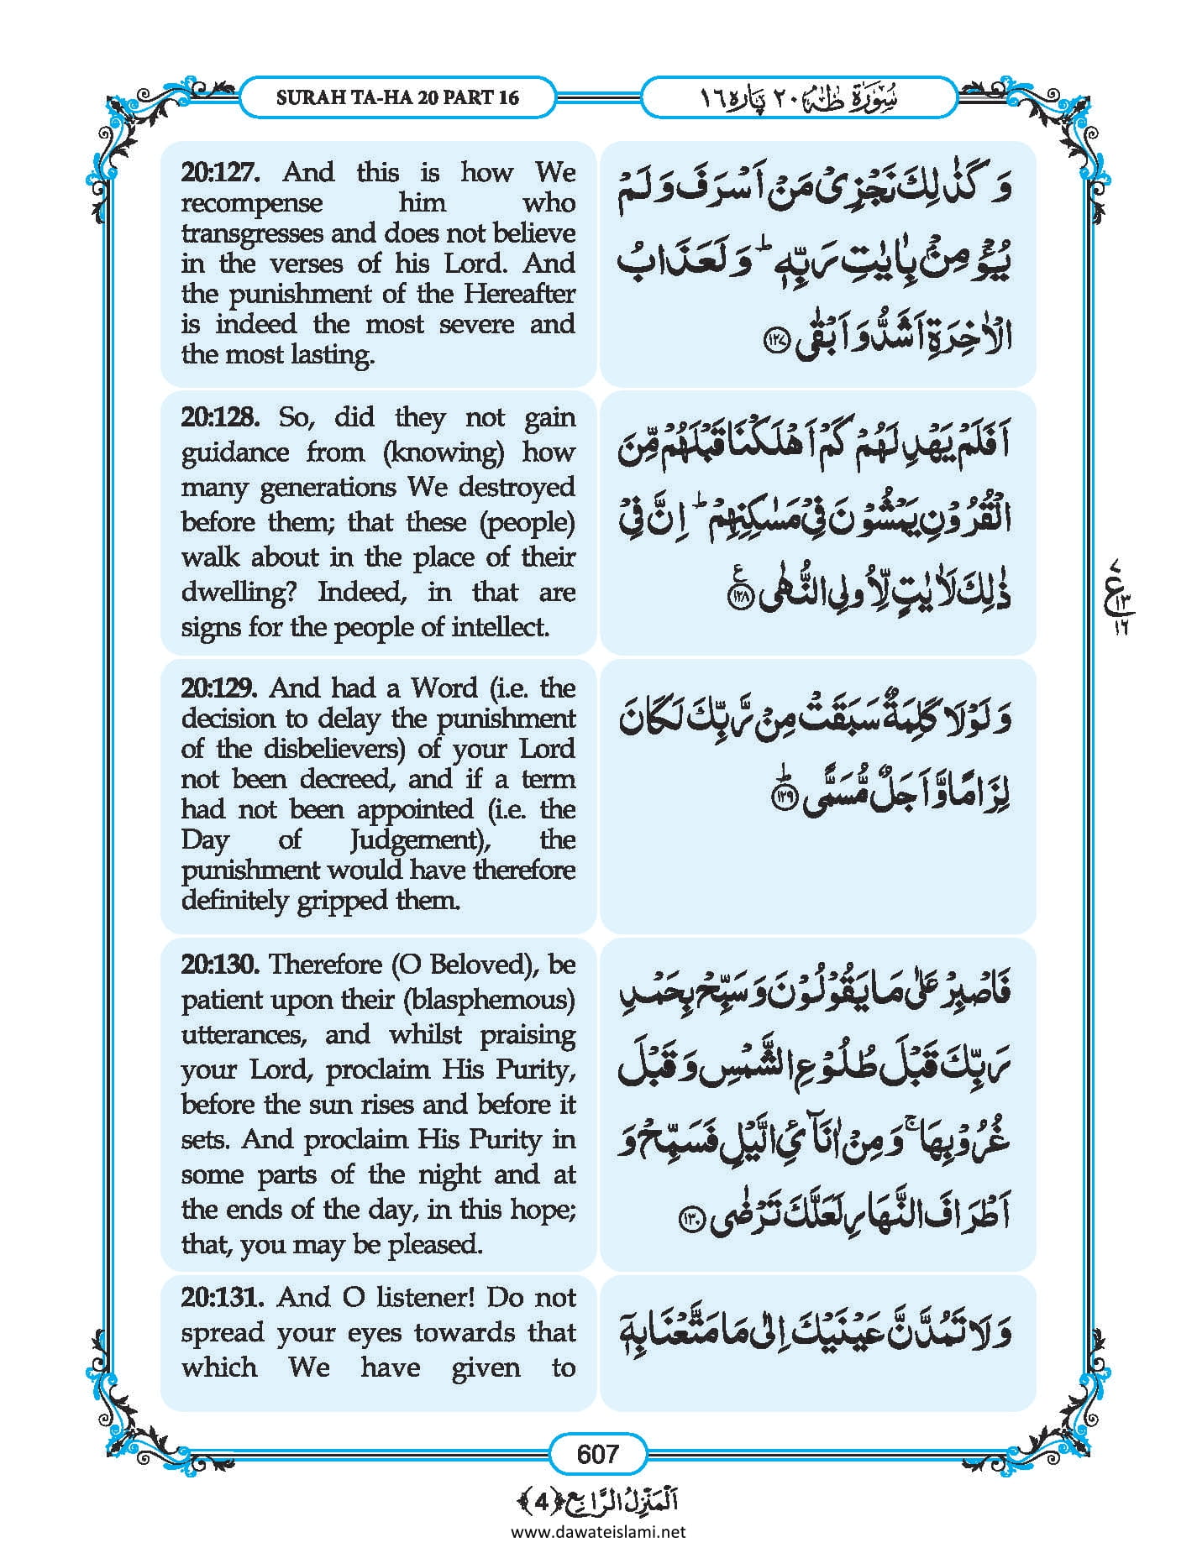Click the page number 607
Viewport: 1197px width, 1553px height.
597,1453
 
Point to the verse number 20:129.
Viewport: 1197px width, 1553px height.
218,688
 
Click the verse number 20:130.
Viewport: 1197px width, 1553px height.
218,964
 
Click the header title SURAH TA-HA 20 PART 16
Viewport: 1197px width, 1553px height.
397,97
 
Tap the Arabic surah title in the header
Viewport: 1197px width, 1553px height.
799,97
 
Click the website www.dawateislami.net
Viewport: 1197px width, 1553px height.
597,1531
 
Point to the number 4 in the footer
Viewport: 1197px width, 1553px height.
543,1501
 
